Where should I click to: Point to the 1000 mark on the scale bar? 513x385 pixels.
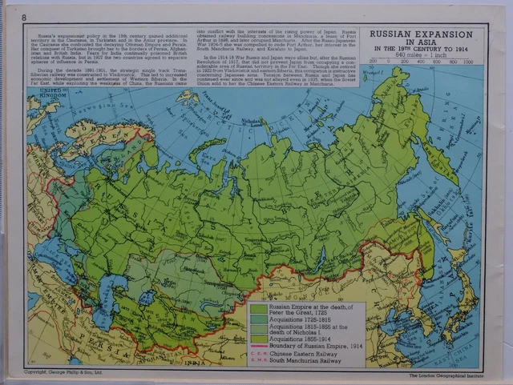tap(468, 61)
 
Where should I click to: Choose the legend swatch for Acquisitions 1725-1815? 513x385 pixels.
tap(258, 317)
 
